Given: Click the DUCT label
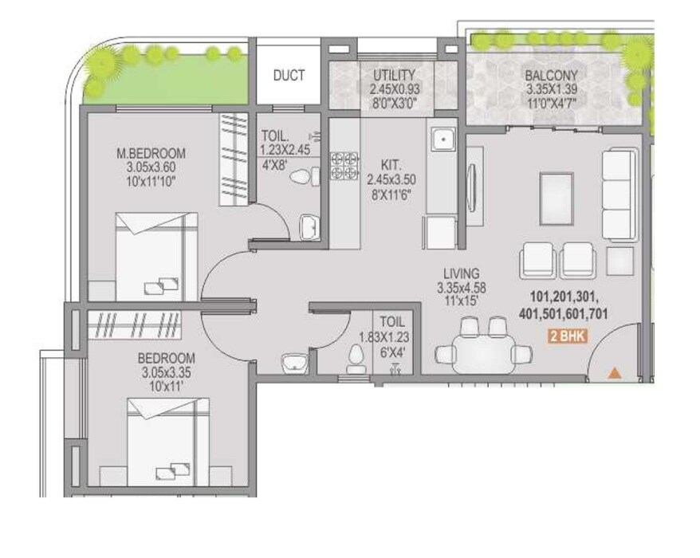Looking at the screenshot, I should (289, 77).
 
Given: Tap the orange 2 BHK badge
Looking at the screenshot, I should (568, 336).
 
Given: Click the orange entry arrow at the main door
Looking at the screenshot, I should (613, 371).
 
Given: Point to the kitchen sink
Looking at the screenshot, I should (441, 141).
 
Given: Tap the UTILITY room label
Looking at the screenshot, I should (394, 76).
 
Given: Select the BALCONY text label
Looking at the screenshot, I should (546, 76).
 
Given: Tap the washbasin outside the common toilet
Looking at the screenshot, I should (293, 361).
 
